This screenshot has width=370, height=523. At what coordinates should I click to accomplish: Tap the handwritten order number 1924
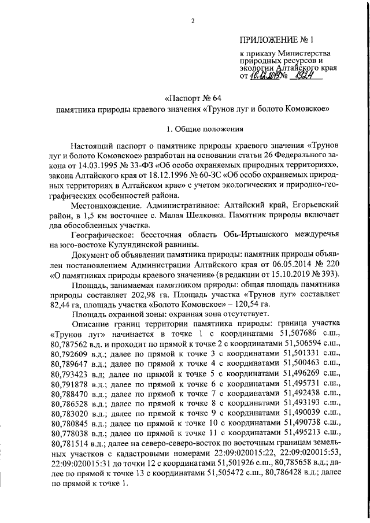click(307, 75)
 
